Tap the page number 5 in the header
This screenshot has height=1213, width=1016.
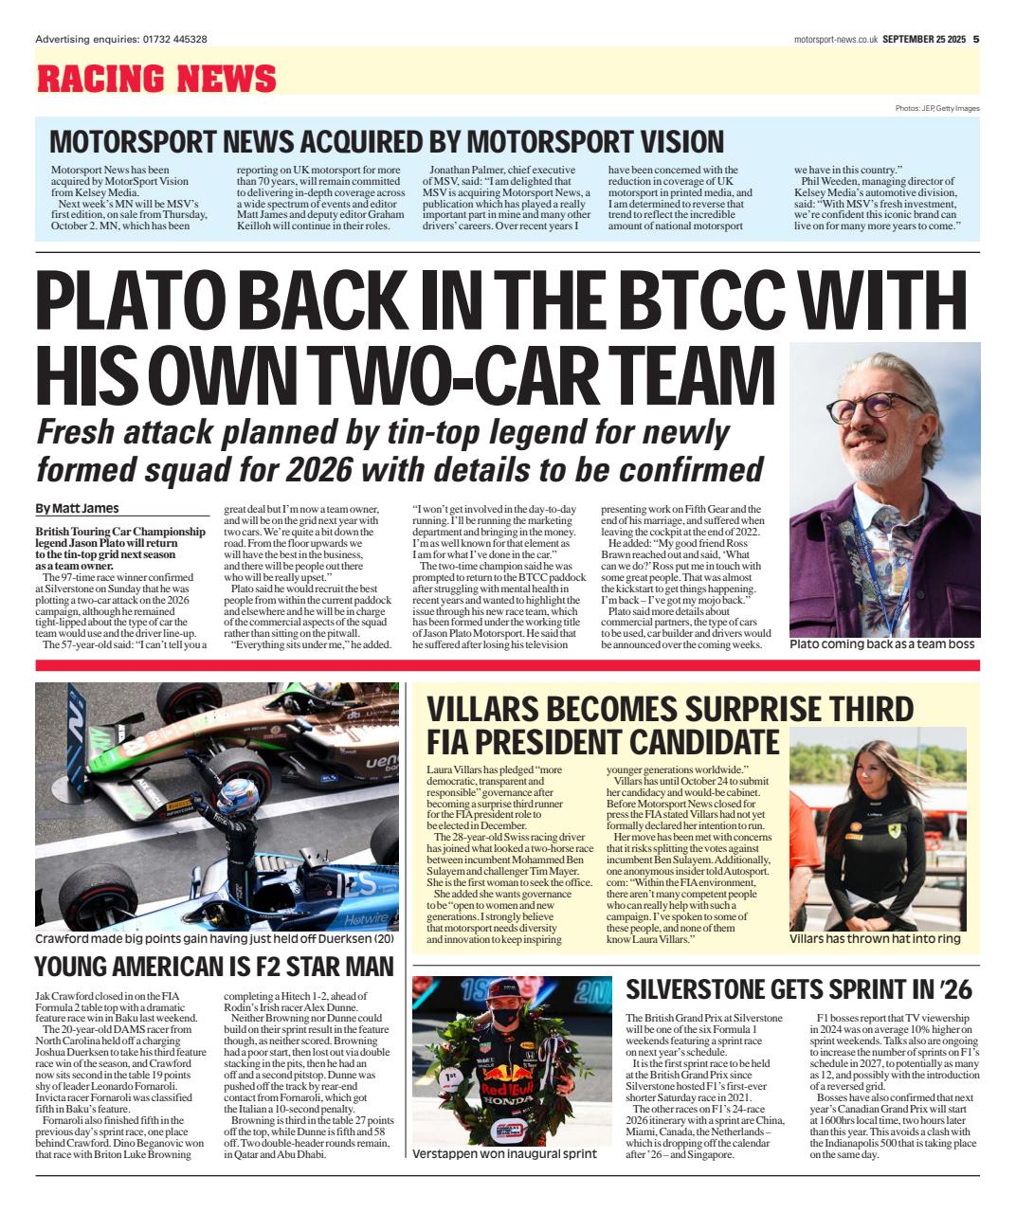[x=975, y=39]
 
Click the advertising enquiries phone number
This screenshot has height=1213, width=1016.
[x=175, y=39]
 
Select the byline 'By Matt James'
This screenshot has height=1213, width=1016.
[x=78, y=508]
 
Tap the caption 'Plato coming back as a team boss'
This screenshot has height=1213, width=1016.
[x=881, y=644]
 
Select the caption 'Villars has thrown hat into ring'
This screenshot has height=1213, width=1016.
[x=875, y=938]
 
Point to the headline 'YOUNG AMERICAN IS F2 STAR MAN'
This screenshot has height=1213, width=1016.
[x=213, y=967]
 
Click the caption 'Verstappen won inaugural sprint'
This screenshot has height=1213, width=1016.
[x=504, y=1154]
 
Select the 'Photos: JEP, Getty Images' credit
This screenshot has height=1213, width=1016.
[x=936, y=108]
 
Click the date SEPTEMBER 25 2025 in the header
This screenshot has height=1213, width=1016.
[x=923, y=39]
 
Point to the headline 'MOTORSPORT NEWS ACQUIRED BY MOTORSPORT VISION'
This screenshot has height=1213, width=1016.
[x=386, y=141]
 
